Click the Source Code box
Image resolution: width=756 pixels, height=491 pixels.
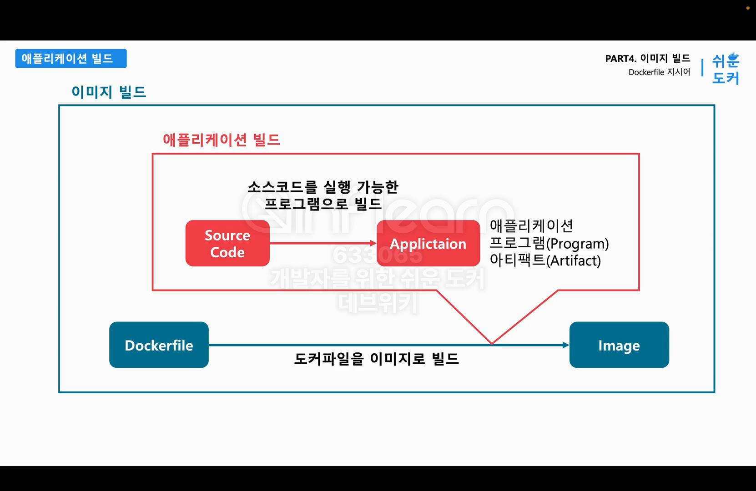227,243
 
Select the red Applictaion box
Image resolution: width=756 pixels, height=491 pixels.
428,243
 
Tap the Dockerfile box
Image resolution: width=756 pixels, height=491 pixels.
159,345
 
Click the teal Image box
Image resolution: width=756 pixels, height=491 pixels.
619,345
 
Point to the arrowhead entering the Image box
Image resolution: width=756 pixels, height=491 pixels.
565,345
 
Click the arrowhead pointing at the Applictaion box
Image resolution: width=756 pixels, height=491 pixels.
373,243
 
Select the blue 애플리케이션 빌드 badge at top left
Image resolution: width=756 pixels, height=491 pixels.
71,59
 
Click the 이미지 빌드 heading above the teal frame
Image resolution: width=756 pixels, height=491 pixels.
109,92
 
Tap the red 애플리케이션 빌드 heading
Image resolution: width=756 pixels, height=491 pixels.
222,140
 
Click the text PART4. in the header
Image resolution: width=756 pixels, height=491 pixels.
620,59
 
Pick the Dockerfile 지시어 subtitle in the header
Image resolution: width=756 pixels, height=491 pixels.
659,72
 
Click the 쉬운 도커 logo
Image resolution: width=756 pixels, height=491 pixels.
726,69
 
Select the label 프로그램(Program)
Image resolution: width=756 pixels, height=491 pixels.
549,244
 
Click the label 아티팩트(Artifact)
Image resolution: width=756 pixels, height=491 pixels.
545,261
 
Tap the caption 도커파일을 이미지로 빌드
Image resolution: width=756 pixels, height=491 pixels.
376,359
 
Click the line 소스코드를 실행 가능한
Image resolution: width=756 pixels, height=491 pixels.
323,187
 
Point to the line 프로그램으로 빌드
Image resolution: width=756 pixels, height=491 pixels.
323,204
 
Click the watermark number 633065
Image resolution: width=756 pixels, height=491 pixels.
377,255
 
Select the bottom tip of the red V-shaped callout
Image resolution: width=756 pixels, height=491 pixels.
492,343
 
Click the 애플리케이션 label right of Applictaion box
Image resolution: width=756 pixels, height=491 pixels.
531,226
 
